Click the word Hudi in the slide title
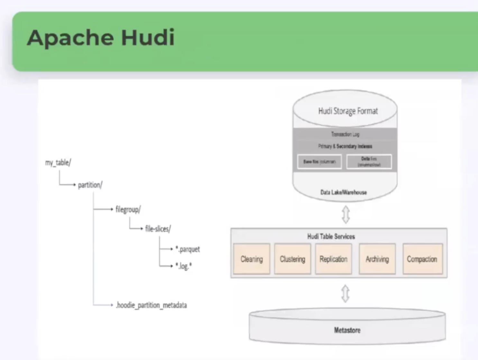[148, 37]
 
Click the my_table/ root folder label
[58, 163]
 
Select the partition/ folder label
[90, 185]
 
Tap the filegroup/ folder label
[128, 210]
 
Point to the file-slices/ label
[158, 229]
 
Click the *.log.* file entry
[184, 266]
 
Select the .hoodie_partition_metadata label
[151, 305]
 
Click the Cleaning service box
[252, 259]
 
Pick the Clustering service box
[292, 259]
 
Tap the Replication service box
[333, 259]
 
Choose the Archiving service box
[377, 259]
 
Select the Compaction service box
[422, 259]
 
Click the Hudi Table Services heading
[331, 237]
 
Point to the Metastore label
[347, 330]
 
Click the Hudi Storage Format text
[348, 111]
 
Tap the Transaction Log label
[345, 134]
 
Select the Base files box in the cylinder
[319, 162]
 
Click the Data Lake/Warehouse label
[344, 192]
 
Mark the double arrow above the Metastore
[345, 293]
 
